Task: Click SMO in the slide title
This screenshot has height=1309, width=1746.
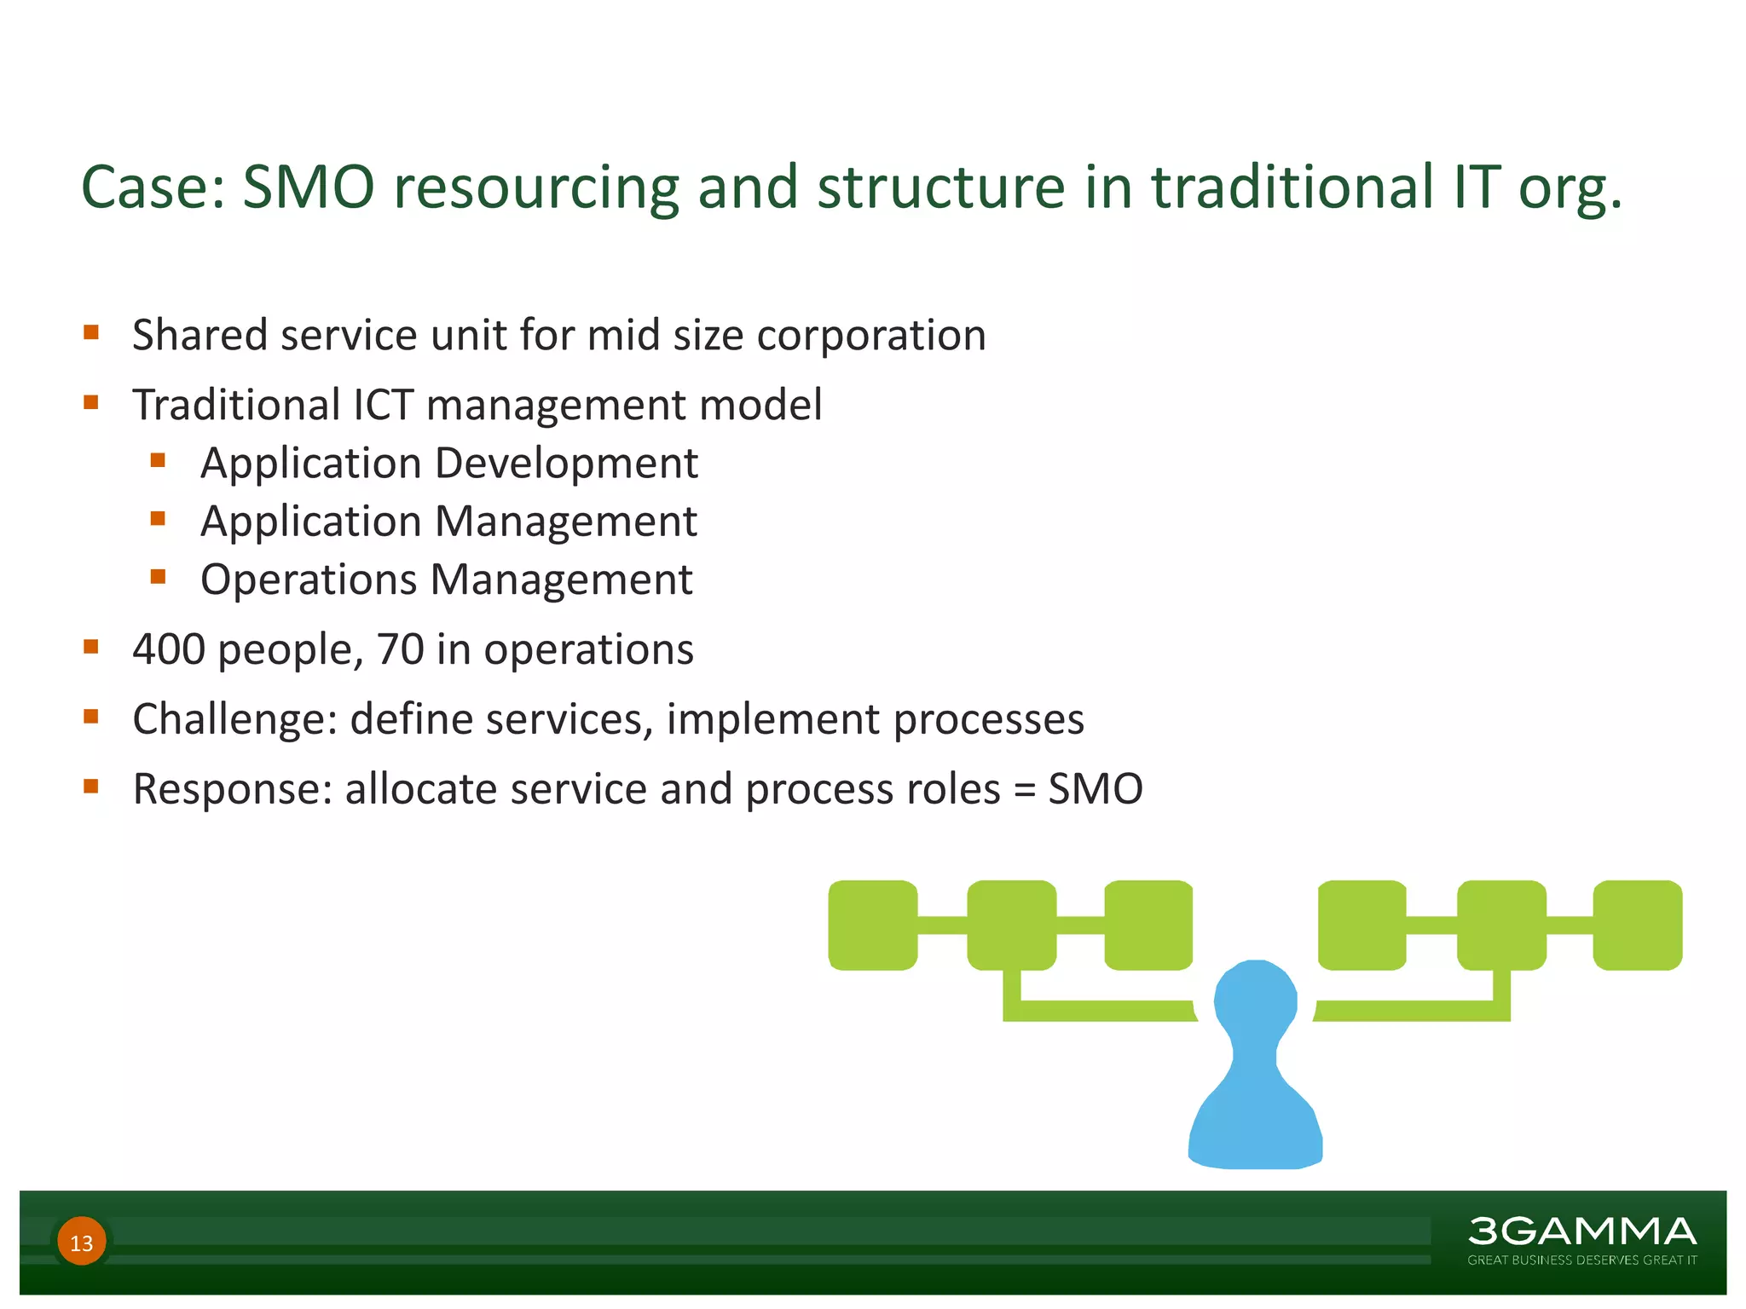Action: click(x=309, y=187)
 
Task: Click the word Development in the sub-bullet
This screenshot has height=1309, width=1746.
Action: click(x=566, y=464)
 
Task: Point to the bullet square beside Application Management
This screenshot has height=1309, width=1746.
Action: click(x=158, y=519)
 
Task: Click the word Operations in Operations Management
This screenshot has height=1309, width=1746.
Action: click(x=309, y=580)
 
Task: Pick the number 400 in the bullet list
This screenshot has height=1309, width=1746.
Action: click(x=169, y=649)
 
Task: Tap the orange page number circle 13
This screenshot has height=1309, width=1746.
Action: click(x=82, y=1242)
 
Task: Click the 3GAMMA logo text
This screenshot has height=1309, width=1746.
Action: click(x=1581, y=1231)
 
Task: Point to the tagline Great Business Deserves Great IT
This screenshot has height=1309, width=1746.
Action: click(x=1581, y=1260)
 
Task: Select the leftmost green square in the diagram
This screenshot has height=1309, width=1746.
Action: click(x=873, y=926)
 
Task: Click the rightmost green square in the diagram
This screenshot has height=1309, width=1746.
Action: click(x=1638, y=926)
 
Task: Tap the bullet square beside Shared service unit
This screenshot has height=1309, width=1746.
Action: click(x=91, y=332)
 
